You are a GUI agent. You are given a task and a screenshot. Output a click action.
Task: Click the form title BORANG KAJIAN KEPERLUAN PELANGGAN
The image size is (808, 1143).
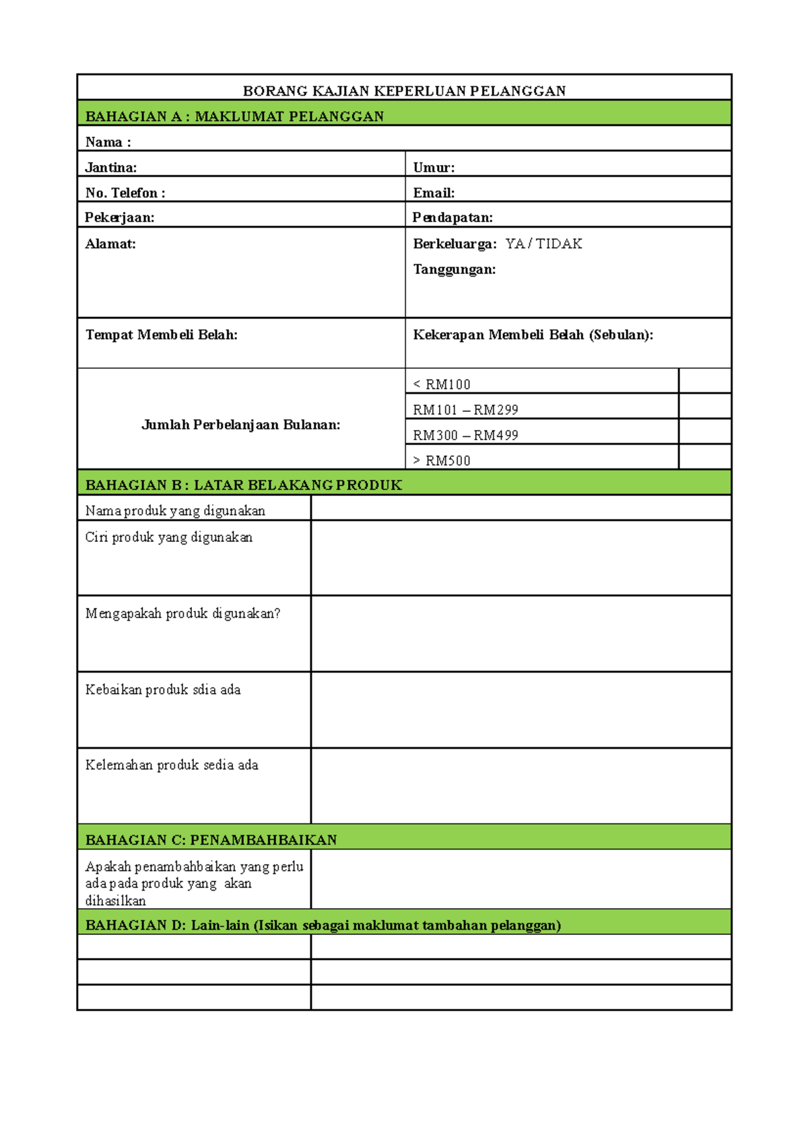[x=404, y=91]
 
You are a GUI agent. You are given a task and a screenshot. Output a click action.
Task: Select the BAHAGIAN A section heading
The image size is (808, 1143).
[x=234, y=116]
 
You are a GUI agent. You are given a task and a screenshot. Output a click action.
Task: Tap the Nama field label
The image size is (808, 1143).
[x=108, y=142]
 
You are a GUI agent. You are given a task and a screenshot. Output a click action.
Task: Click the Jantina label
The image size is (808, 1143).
[x=111, y=168]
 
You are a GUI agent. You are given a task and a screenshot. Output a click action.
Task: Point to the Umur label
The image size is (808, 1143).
[x=434, y=168]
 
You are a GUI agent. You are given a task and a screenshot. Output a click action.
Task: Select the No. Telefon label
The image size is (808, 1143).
[x=125, y=193]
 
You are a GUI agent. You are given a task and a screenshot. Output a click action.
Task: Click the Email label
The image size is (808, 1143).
[x=434, y=193]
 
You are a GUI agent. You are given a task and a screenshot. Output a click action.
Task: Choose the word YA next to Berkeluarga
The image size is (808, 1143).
[x=515, y=244]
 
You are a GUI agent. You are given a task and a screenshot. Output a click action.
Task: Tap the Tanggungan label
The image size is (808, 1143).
[x=454, y=269]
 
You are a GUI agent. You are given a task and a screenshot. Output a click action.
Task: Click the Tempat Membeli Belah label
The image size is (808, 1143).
[x=162, y=335]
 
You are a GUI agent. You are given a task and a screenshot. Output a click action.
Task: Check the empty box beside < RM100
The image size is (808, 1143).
[x=705, y=381]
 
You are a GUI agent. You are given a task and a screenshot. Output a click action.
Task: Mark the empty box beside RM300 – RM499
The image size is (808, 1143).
[x=705, y=431]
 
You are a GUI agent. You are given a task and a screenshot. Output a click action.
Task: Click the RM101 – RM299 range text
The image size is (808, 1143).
[x=465, y=410]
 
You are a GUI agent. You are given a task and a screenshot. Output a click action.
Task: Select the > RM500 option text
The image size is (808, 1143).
[x=442, y=461]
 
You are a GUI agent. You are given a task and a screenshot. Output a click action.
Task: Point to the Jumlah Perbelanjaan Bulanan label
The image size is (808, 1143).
[x=241, y=425]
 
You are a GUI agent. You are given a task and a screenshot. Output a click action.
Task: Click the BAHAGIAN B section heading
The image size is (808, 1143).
[x=244, y=485]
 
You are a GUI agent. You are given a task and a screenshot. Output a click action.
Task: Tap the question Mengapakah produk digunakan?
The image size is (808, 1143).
[x=182, y=613]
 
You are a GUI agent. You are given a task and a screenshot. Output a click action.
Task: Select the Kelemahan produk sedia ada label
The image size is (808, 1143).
[x=172, y=765]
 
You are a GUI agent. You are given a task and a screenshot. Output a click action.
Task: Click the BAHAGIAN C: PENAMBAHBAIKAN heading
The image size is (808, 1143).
[x=211, y=840]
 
